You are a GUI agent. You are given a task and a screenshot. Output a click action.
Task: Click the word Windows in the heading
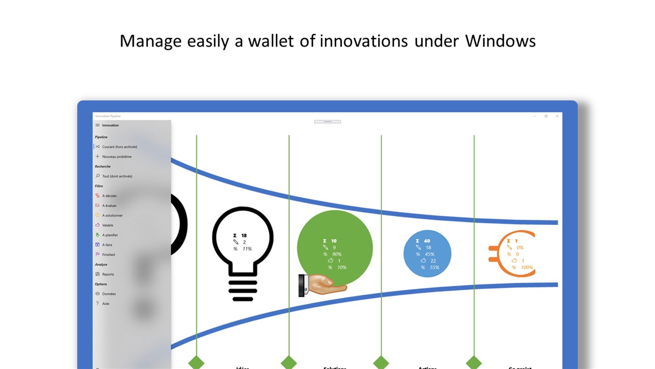coord(500,41)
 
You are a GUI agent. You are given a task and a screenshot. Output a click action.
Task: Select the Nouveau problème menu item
coord(117,157)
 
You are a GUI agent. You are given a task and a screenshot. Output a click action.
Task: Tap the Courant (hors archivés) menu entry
coord(119,147)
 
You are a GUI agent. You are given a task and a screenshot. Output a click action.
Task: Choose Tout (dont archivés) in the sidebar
coord(117,176)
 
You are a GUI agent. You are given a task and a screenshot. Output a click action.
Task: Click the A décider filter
coord(110,196)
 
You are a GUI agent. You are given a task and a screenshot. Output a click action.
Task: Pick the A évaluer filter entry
coord(110,206)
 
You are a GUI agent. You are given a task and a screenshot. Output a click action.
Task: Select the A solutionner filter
coord(112,216)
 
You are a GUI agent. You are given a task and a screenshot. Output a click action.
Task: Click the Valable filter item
coord(108,226)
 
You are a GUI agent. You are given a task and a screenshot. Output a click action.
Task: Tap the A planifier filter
coord(110,235)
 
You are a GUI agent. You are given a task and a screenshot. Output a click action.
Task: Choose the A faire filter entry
coord(107,245)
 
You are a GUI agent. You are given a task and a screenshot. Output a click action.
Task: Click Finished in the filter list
coord(108,255)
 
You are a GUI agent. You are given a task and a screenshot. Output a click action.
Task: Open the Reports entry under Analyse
coord(108,274)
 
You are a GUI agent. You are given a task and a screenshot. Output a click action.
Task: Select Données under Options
coord(109,294)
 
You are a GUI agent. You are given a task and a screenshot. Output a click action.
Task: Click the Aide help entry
coord(106,304)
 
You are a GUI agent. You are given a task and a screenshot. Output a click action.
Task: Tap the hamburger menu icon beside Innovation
coord(97,125)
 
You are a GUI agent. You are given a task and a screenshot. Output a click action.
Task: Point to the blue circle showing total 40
coord(427,254)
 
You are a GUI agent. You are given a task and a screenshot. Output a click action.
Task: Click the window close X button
coord(557,116)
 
